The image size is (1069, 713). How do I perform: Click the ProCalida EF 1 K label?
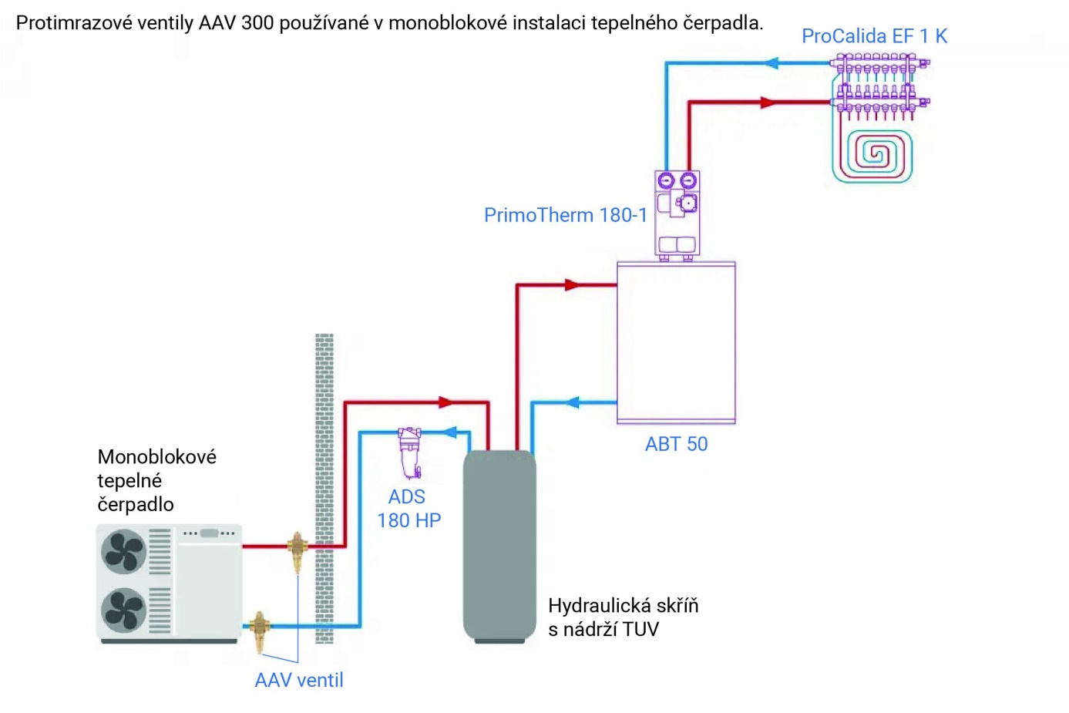click(874, 36)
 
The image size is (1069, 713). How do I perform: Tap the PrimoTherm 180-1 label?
click(565, 215)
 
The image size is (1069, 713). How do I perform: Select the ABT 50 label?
click(676, 444)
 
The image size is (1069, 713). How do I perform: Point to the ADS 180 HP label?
click(408, 509)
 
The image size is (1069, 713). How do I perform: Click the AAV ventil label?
click(299, 680)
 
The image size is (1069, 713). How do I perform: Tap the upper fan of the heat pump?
click(124, 551)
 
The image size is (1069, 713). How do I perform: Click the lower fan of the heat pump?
click(124, 610)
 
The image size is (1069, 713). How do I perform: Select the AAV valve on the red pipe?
click(297, 549)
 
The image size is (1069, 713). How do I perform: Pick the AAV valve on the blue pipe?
click(260, 628)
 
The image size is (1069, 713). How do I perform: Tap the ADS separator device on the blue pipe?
click(409, 452)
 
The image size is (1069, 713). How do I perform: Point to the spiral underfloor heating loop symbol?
click(872, 155)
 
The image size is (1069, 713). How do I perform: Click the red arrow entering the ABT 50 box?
click(572, 285)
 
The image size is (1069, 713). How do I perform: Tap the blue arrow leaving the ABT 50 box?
click(572, 402)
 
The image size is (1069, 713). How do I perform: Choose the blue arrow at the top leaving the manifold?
click(771, 63)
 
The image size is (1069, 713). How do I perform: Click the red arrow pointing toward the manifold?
click(767, 103)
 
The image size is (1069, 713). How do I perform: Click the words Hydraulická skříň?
click(623, 606)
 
